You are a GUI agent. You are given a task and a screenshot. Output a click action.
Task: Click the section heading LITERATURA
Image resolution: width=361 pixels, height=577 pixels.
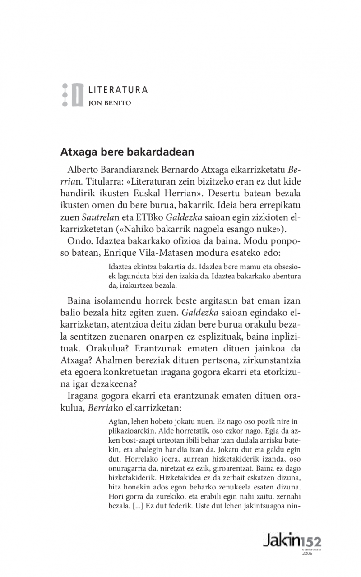118,90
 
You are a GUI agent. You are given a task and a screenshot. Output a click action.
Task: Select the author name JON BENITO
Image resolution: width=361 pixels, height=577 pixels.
110,103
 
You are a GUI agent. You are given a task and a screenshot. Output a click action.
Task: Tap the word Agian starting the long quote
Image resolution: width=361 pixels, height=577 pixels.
118,422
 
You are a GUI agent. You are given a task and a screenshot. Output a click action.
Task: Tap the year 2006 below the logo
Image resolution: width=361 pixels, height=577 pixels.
307,554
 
